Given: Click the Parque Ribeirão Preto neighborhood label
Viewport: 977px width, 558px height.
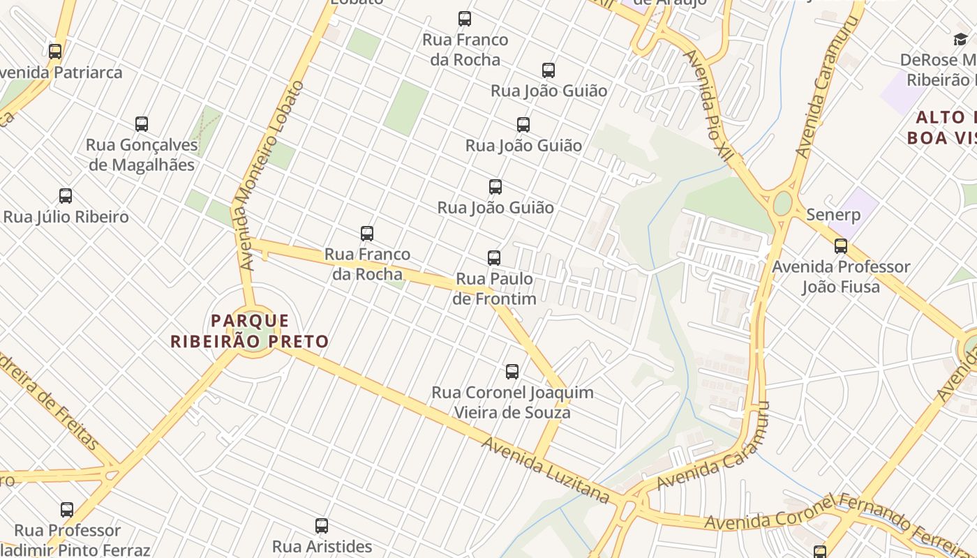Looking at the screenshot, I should [x=249, y=331].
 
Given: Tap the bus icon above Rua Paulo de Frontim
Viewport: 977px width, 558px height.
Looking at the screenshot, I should [x=494, y=258].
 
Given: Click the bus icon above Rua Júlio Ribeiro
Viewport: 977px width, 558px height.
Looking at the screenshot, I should [x=66, y=196].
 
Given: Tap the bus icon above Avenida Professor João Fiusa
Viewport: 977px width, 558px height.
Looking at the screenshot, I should [x=841, y=246].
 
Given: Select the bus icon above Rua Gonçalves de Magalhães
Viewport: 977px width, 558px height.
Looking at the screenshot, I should [x=142, y=124].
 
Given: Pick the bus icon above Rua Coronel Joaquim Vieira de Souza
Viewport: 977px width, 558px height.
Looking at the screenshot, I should [x=512, y=372].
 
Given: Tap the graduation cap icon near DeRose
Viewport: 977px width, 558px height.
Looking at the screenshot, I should [x=960, y=40].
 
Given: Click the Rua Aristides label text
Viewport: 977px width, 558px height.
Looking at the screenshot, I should [x=322, y=546].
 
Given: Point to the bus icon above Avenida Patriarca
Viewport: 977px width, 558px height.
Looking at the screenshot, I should [x=55, y=52].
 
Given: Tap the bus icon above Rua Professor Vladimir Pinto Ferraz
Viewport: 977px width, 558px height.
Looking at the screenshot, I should [x=67, y=510].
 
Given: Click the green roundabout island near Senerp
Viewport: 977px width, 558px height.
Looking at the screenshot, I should [x=782, y=204].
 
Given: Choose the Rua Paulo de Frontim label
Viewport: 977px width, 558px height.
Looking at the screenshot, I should [x=494, y=289].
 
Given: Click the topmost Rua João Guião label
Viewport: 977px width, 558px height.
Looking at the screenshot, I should [x=549, y=91].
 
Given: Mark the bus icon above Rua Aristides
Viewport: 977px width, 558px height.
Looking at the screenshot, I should [x=322, y=526].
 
